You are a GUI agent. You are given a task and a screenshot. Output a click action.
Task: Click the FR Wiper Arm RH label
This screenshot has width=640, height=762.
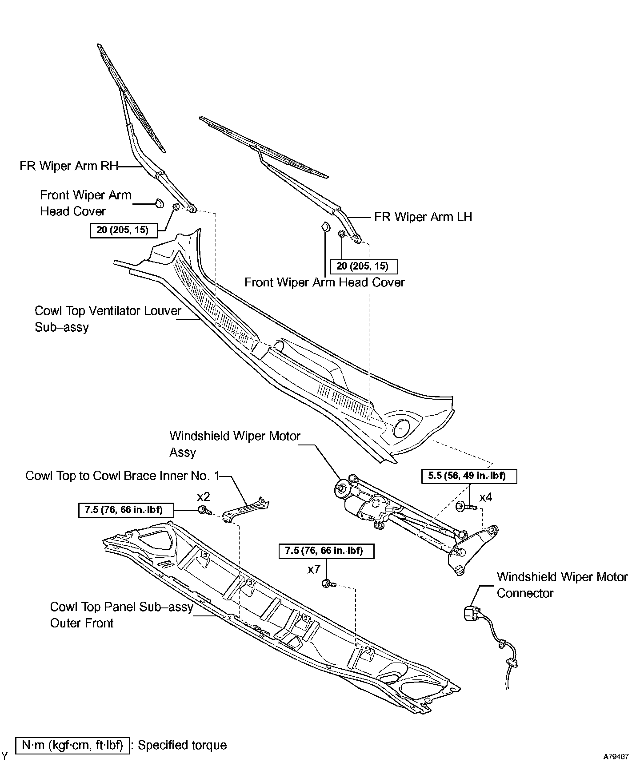[69, 166]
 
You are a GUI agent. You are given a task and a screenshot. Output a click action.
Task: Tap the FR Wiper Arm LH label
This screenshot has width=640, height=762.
[423, 217]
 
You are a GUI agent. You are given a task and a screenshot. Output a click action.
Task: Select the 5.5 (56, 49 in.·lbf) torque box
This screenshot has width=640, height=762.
[469, 476]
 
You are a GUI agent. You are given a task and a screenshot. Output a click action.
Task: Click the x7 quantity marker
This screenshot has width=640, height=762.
[314, 569]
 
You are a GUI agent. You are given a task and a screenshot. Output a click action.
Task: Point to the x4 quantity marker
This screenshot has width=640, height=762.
[486, 497]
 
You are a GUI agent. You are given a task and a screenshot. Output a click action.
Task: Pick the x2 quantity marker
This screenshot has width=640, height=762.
[203, 496]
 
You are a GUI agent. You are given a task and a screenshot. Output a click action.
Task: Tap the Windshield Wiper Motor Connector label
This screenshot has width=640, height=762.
[562, 585]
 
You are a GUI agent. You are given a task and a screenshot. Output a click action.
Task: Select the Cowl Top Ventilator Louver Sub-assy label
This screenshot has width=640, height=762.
[108, 319]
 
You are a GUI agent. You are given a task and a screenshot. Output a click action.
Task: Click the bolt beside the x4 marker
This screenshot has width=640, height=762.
[465, 506]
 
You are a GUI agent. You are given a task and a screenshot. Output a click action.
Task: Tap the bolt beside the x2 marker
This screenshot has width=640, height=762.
[205, 510]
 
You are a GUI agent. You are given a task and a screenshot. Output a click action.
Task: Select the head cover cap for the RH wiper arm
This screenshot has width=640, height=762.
[158, 204]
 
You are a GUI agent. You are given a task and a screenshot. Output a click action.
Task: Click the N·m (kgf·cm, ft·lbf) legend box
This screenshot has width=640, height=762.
[72, 745]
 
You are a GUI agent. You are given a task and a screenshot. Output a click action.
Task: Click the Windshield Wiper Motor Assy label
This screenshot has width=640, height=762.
[235, 444]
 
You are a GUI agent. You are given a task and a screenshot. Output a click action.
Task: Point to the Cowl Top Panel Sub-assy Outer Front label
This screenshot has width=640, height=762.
[121, 615]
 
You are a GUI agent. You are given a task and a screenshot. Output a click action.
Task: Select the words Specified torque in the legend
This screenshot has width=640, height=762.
[182, 745]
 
